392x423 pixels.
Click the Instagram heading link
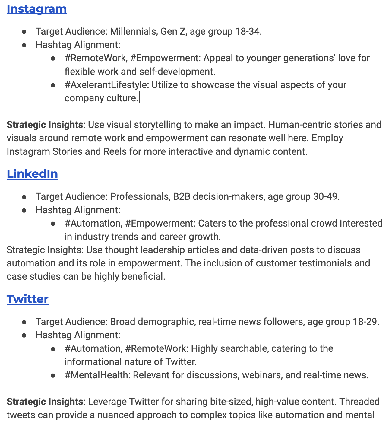click(x=36, y=9)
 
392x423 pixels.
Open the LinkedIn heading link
click(x=32, y=174)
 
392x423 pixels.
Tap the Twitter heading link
click(x=27, y=299)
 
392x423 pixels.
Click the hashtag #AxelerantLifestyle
click(x=107, y=85)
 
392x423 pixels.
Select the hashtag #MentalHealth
click(x=96, y=375)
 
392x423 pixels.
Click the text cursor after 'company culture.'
click(x=139, y=98)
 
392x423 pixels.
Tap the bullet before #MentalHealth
click(x=53, y=375)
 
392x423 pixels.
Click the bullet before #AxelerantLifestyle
click(x=53, y=85)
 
